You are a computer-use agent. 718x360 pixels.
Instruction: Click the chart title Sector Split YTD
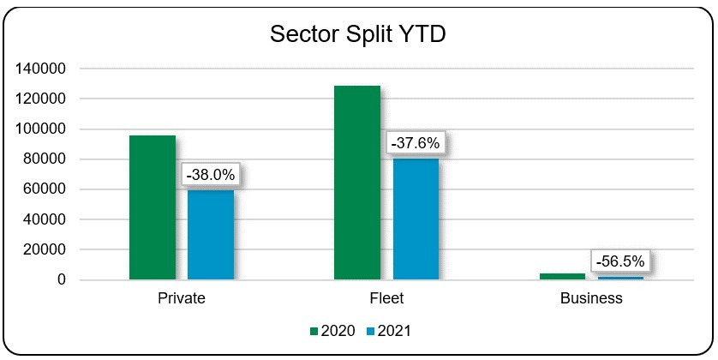pyautogui.click(x=358, y=34)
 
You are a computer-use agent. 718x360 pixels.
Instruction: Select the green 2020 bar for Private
pyautogui.click(x=153, y=207)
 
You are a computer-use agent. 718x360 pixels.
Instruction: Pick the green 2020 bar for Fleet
pyautogui.click(x=357, y=183)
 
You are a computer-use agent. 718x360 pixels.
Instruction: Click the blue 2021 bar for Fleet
pyautogui.click(x=416, y=219)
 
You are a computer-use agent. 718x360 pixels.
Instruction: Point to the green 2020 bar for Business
pyautogui.click(x=562, y=276)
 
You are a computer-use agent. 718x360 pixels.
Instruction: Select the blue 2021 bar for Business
pyautogui.click(x=620, y=278)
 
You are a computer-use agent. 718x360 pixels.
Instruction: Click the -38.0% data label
pyautogui.click(x=211, y=175)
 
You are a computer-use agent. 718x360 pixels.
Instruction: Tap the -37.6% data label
pyautogui.click(x=416, y=143)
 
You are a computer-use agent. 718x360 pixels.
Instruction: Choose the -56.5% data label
pyautogui.click(x=620, y=260)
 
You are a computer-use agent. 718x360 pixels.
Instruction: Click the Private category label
pyautogui.click(x=182, y=299)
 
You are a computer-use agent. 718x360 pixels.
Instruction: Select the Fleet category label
pyautogui.click(x=386, y=299)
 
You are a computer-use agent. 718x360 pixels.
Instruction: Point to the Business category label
pyautogui.click(x=591, y=299)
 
